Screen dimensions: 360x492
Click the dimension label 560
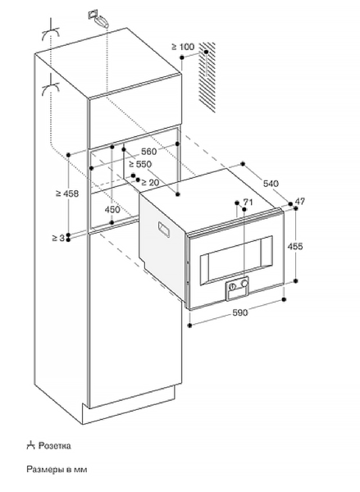[148, 152]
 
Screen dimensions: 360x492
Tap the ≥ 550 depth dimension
[140, 164]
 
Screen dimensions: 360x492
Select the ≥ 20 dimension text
[150, 182]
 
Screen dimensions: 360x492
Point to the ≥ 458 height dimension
[67, 194]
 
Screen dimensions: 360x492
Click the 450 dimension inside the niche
[112, 209]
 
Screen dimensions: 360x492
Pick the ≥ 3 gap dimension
[58, 238]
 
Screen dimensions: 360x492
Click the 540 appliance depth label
[271, 183]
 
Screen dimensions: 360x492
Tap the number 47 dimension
[300, 201]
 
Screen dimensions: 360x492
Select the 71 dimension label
[248, 202]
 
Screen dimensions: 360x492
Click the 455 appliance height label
[295, 246]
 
